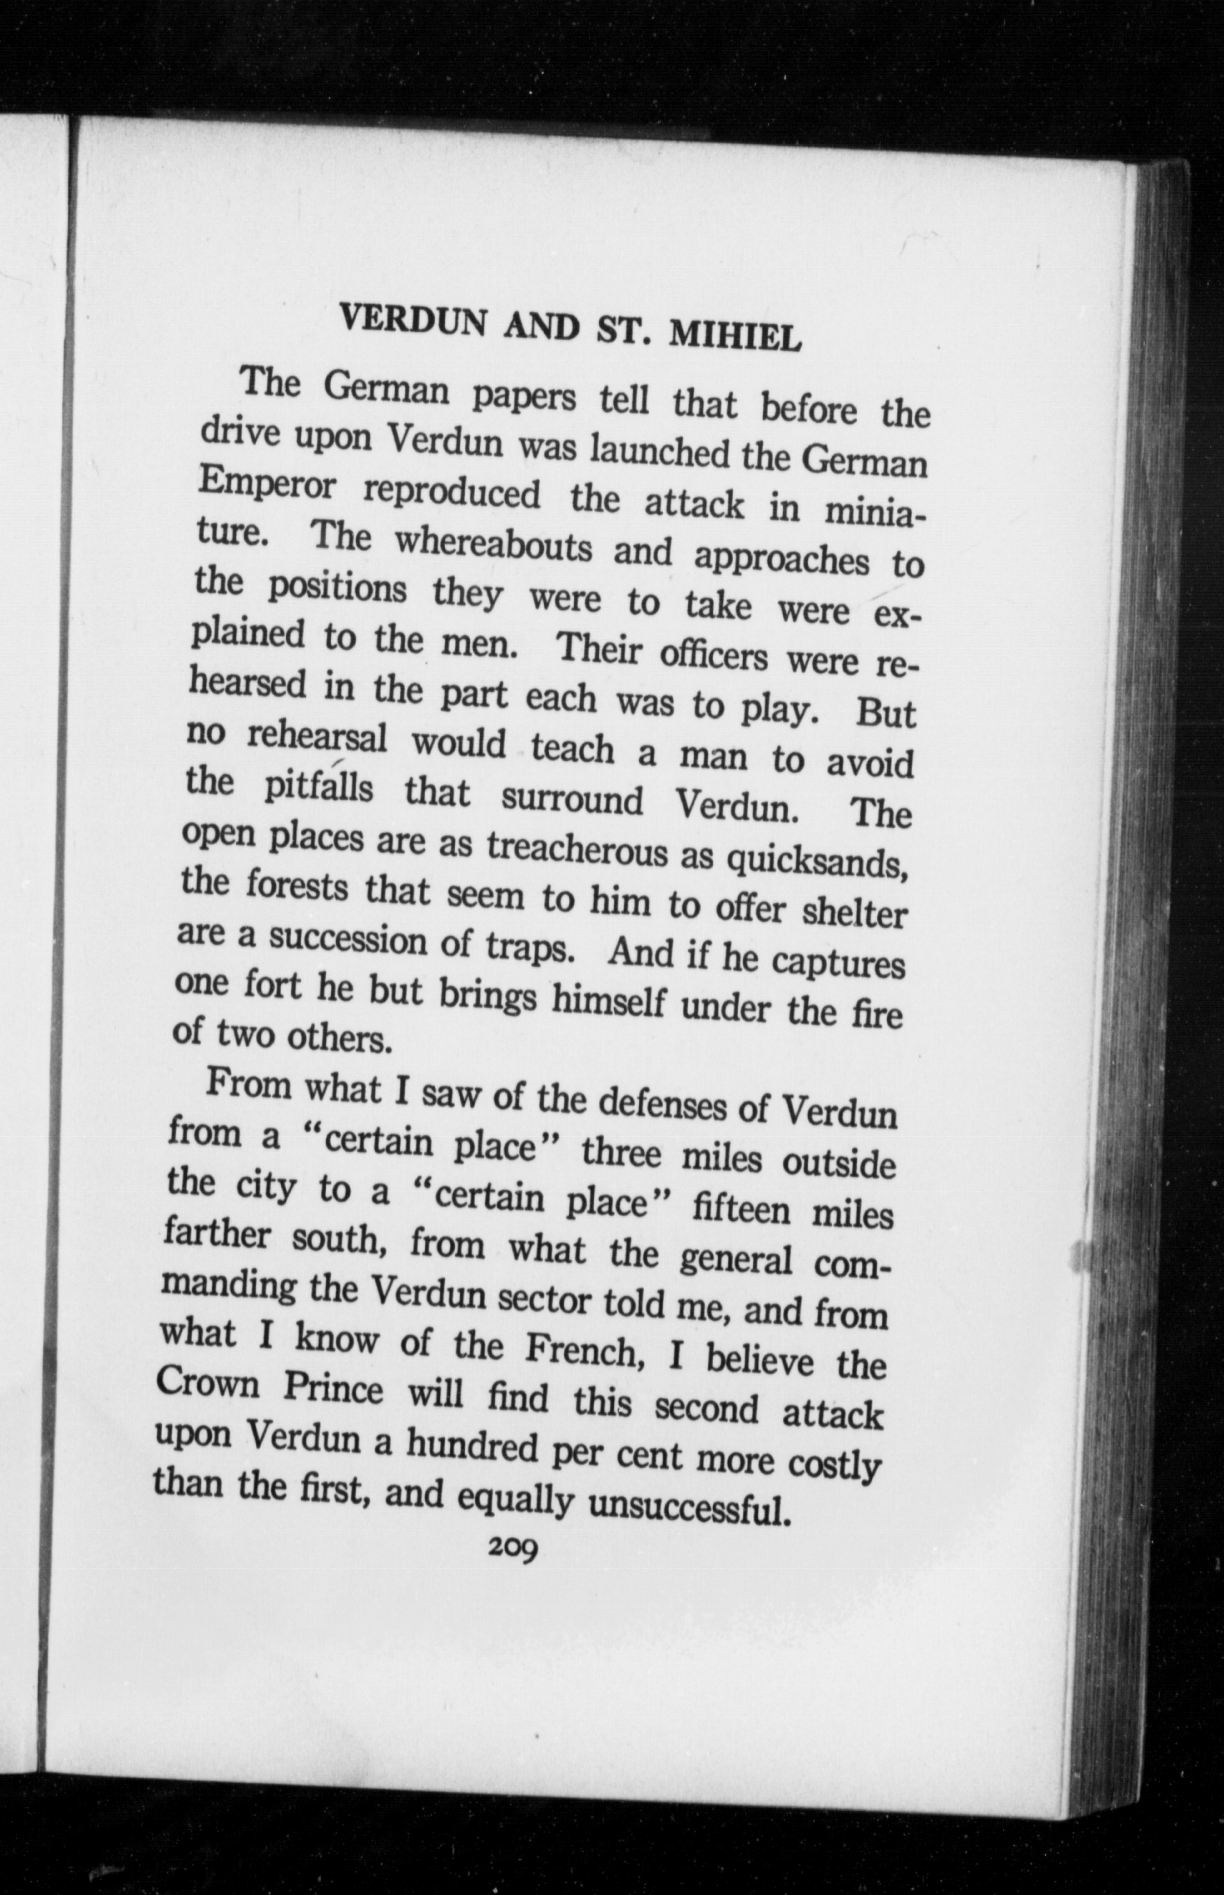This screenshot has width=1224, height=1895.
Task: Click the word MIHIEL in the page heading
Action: (735, 338)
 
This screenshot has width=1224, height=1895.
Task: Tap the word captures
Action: (838, 965)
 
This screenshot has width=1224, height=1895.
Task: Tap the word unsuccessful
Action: (688, 1505)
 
